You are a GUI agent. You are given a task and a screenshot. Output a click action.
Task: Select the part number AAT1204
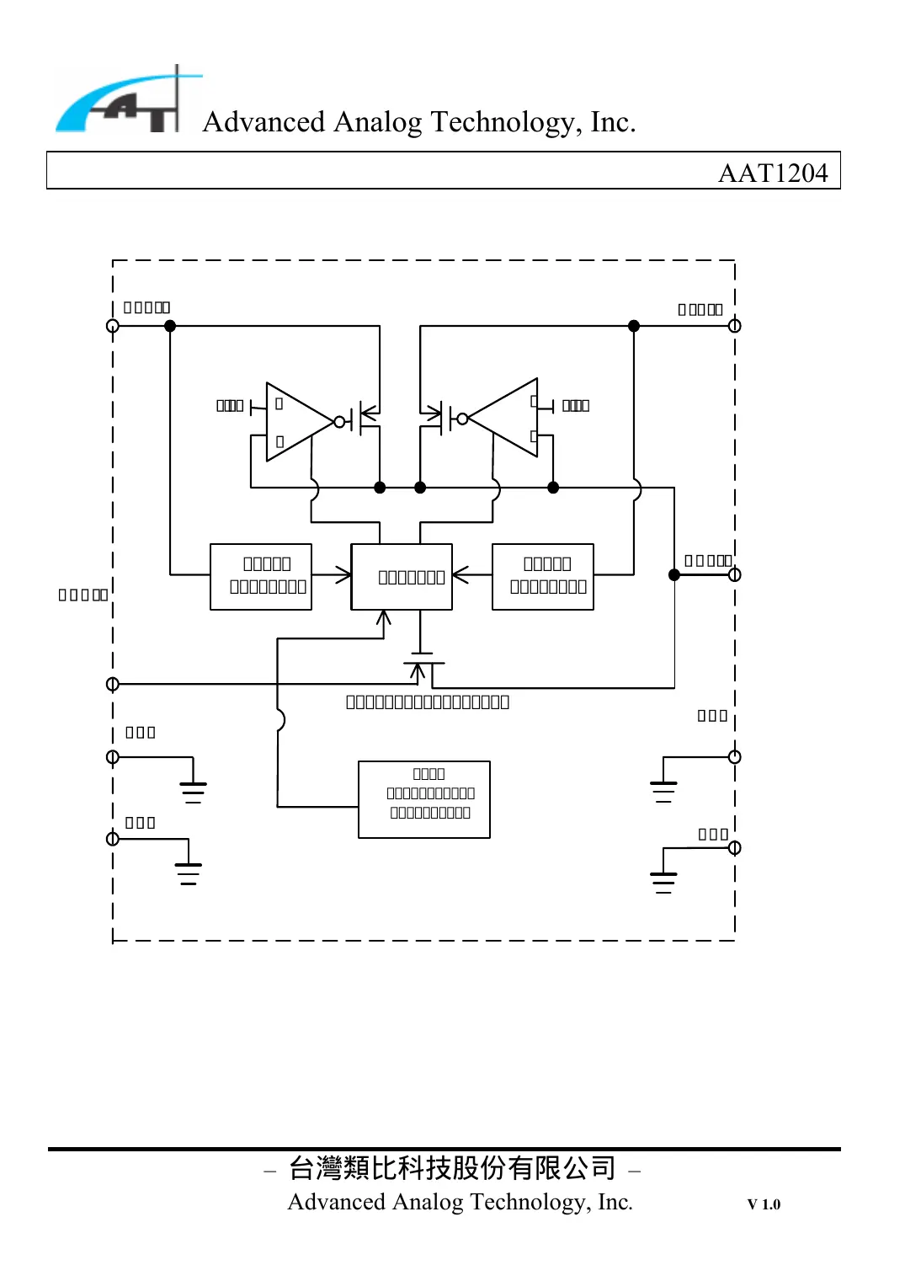click(772, 173)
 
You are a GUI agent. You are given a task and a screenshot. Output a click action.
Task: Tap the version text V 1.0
click(764, 1204)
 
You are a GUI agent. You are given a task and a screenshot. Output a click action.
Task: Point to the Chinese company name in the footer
click(452, 1168)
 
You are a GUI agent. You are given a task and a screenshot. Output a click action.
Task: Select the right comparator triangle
click(506, 418)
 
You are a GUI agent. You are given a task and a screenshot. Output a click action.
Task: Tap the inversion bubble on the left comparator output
click(340, 422)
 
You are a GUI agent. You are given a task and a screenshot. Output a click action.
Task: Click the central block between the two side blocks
click(402, 577)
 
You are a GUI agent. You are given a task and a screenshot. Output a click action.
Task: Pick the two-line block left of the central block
click(261, 577)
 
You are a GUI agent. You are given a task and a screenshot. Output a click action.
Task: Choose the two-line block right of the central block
click(543, 577)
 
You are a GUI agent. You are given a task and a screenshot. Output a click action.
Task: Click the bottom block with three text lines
click(424, 799)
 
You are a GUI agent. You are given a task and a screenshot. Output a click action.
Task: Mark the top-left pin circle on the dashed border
click(113, 326)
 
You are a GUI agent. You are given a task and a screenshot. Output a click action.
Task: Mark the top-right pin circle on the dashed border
click(734, 326)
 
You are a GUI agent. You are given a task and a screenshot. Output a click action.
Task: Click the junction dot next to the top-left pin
click(170, 326)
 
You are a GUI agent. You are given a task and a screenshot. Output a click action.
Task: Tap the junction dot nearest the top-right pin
click(634, 326)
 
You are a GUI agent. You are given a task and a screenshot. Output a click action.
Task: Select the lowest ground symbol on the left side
click(189, 873)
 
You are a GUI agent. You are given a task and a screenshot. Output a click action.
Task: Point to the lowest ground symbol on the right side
click(663, 881)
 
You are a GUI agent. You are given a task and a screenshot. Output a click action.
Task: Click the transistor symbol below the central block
click(422, 665)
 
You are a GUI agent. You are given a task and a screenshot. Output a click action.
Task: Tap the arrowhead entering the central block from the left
click(344, 576)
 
